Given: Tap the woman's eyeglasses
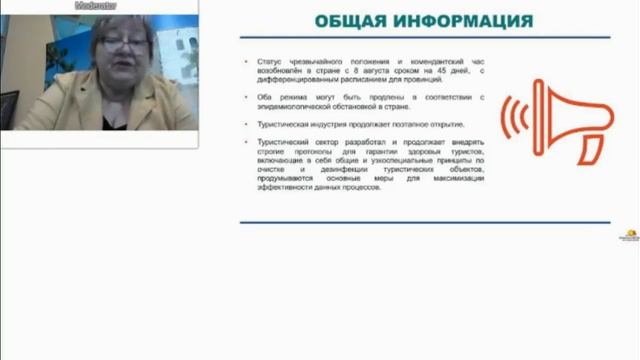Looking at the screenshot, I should pyautogui.click(x=122, y=47).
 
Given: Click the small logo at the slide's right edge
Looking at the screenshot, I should pyautogui.click(x=631, y=236).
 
